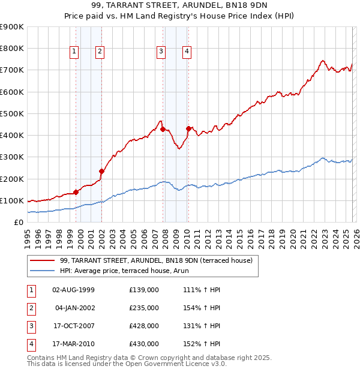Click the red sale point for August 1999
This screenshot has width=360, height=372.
[76, 192]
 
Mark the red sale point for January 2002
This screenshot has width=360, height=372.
[101, 171]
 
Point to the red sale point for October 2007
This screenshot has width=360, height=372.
[163, 129]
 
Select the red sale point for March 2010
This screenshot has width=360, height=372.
[188, 128]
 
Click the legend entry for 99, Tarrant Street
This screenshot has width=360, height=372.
[156, 260]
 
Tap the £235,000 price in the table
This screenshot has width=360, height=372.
[144, 308]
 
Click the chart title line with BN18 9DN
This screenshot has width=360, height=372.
[179, 6]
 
